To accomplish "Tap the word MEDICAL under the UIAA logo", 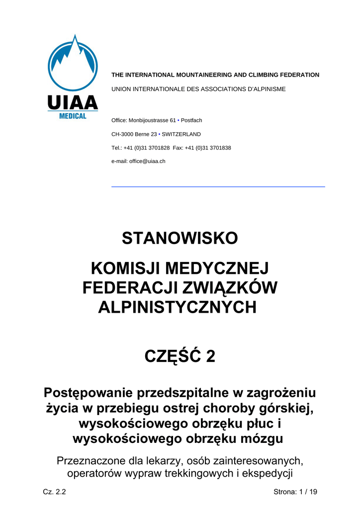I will (x=73, y=116).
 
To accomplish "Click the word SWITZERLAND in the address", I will (x=181, y=134).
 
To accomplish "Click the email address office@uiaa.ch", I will (x=147, y=161).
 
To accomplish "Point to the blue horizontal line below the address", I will (x=218, y=186).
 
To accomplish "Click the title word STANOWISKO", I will (x=180, y=239).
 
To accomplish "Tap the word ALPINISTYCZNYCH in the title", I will (x=177, y=307).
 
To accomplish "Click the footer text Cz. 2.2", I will (x=55, y=492).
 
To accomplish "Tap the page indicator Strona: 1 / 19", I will (x=295, y=492).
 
